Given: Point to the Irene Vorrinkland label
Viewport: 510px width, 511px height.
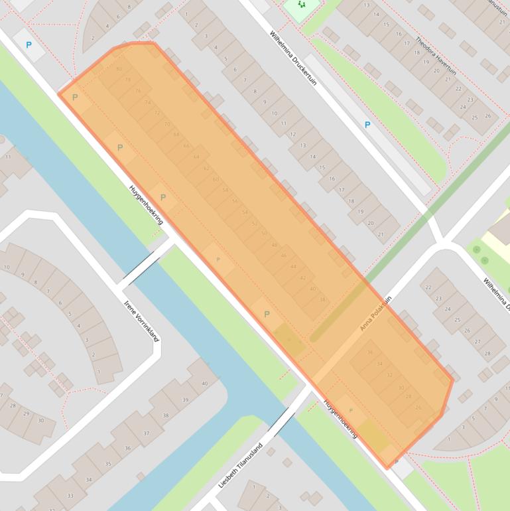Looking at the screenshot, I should (142, 321).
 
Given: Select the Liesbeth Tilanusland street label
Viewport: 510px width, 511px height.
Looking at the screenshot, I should (241, 465).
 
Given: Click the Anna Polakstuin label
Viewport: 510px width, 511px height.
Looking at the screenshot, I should (376, 313).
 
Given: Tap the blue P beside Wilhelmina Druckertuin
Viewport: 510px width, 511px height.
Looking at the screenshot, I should (367, 125).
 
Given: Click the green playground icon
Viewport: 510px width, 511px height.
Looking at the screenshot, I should (302, 5).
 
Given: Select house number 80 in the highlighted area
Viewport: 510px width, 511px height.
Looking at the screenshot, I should (119, 70).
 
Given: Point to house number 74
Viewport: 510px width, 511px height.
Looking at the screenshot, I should (147, 102).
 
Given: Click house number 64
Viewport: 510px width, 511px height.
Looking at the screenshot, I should (196, 157).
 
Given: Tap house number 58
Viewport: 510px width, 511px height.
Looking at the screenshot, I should (225, 190).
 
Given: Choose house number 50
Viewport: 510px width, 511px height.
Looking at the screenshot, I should (265, 233).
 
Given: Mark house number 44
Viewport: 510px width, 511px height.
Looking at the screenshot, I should (293, 266).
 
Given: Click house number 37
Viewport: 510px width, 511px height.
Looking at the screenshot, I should (147, 433).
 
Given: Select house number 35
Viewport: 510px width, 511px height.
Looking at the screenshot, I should (108, 463).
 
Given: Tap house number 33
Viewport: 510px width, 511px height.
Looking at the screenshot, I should (70, 495).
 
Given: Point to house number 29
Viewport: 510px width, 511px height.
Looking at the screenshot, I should (27, 413).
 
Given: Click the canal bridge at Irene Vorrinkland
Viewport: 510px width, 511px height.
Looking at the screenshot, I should (147, 265).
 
